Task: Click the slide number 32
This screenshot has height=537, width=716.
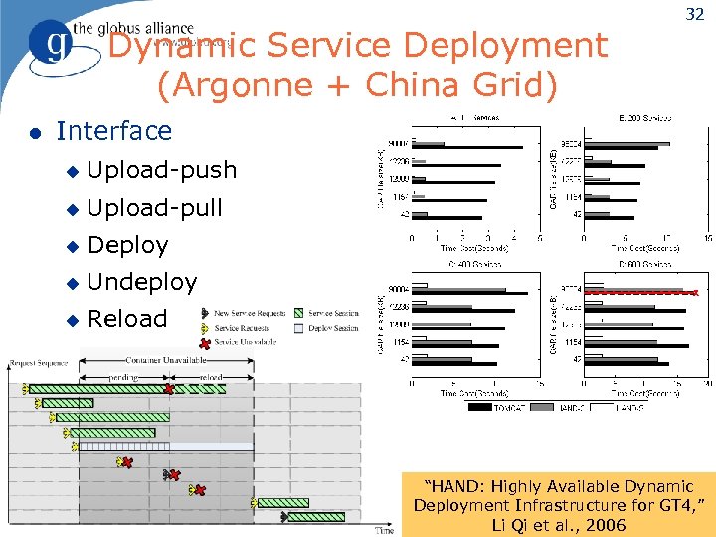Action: click(692, 14)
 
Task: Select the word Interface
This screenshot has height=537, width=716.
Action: click(113, 131)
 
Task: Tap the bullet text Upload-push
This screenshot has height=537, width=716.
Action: click(162, 170)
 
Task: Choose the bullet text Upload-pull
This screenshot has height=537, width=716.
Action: click(154, 208)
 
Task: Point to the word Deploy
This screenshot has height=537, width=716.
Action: click(127, 245)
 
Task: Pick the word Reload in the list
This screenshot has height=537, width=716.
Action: click(127, 319)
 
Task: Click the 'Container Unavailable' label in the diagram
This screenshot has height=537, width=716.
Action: click(165, 359)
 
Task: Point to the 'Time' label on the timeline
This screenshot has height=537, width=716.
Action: click(384, 530)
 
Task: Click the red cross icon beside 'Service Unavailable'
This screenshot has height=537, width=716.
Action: click(206, 341)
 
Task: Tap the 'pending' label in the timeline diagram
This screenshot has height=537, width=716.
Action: click(123, 377)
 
